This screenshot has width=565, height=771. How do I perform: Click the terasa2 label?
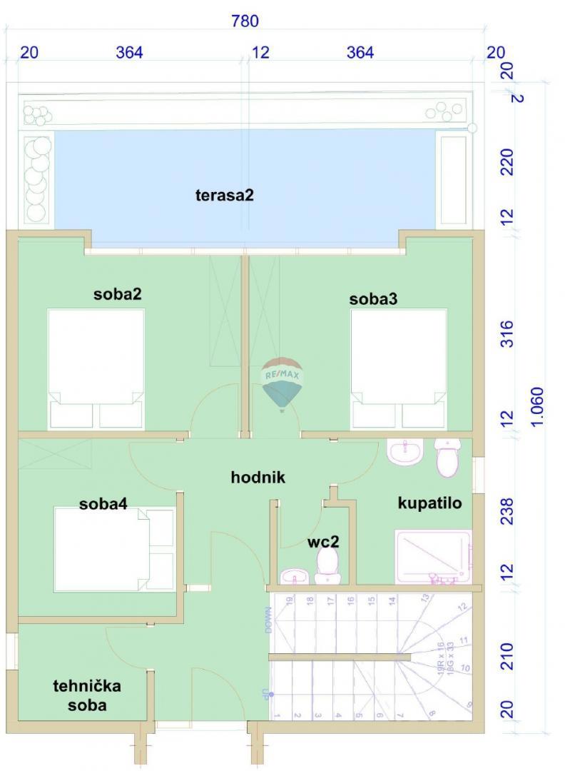pyautogui.click(x=224, y=195)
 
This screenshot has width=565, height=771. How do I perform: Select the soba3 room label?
pyautogui.click(x=373, y=299)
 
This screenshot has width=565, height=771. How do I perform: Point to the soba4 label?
pyautogui.click(x=103, y=503)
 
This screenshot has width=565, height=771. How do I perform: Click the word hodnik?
pyautogui.click(x=258, y=477)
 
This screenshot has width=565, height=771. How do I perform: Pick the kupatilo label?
pyautogui.click(x=429, y=503)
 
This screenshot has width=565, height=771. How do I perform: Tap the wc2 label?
pyautogui.click(x=323, y=542)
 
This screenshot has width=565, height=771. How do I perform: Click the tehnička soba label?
pyautogui.click(x=87, y=695)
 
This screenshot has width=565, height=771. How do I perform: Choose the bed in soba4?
pyautogui.click(x=114, y=549)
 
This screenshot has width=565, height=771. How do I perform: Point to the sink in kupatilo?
pyautogui.click(x=405, y=452)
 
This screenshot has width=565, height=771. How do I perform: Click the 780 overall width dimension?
pyautogui.click(x=245, y=21)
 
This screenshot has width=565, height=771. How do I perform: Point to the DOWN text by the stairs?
pyautogui.click(x=268, y=619)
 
